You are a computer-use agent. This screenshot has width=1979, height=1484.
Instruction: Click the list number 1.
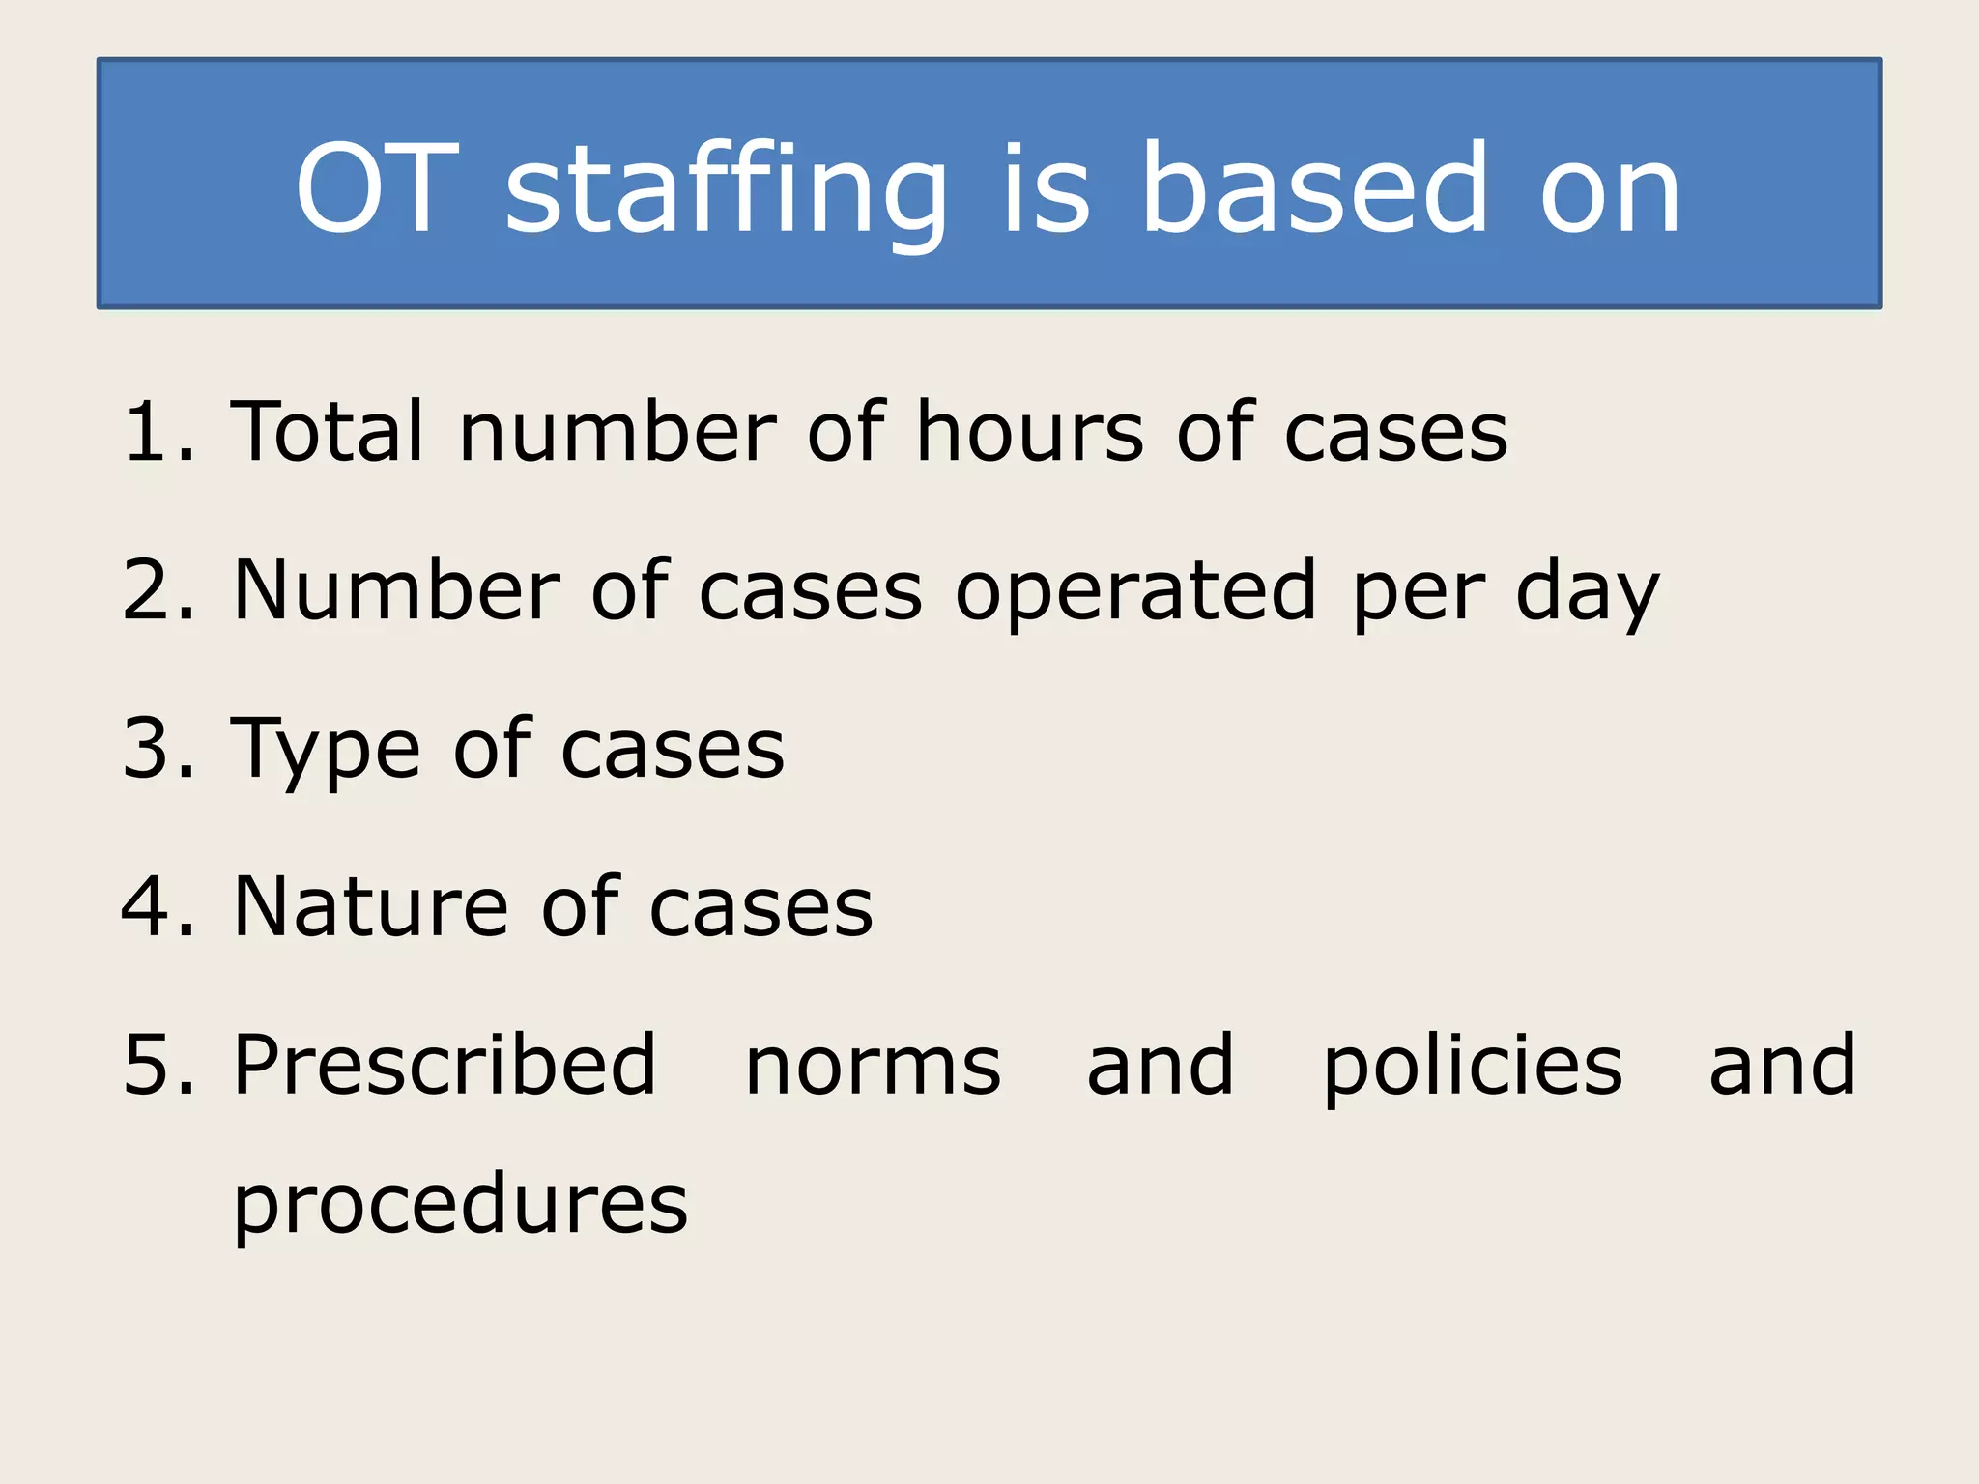point(155,432)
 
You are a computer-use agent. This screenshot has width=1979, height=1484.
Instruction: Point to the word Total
point(329,432)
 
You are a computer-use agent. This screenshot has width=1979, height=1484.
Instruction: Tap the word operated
point(1136,591)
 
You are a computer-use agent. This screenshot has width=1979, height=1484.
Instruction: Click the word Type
point(327,750)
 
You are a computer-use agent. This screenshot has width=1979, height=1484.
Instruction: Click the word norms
point(874,1067)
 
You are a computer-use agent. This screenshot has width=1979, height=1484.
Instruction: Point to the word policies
point(1473,1067)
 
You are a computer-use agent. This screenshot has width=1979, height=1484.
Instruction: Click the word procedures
point(460,1206)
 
